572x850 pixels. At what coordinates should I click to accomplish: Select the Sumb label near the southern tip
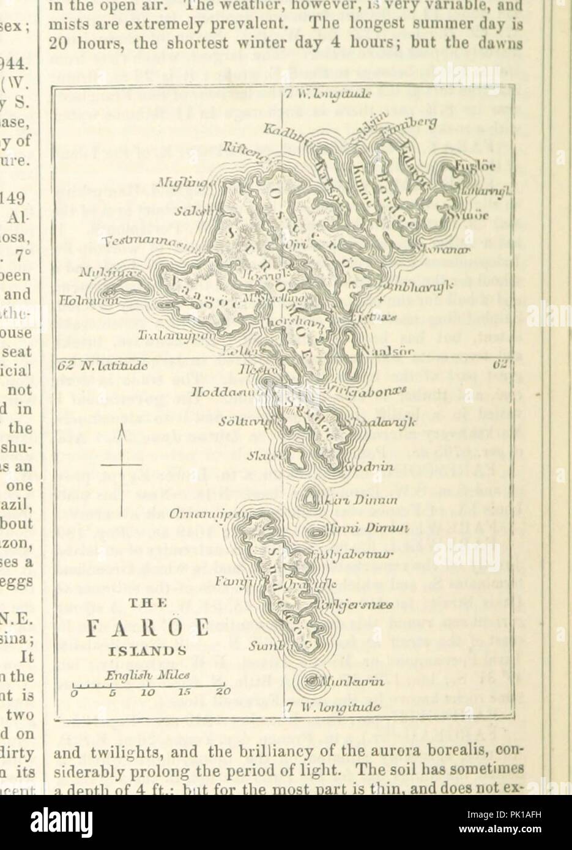click(263, 646)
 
